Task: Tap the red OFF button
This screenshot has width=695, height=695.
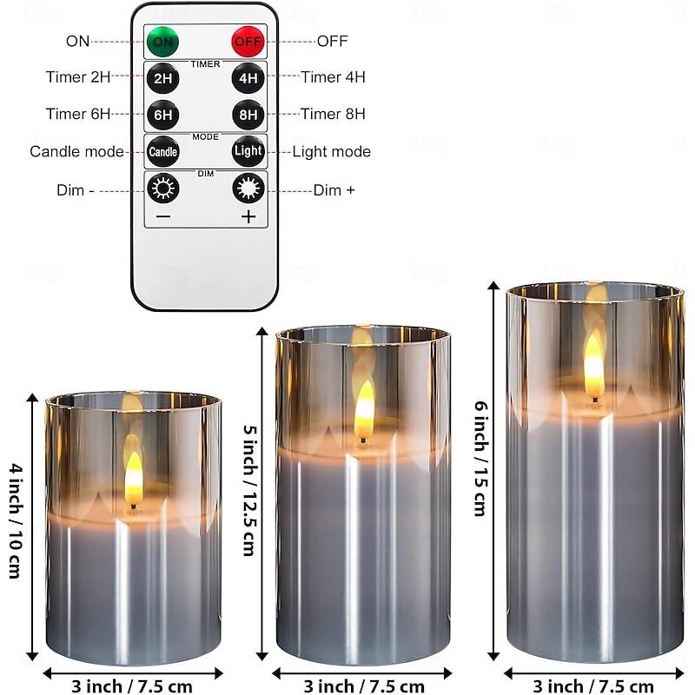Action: tap(248, 42)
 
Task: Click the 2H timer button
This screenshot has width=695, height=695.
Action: tap(162, 78)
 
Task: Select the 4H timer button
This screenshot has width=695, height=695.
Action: tap(248, 78)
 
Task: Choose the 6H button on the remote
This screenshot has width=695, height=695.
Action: tap(162, 116)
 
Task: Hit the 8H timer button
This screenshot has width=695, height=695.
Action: tap(248, 115)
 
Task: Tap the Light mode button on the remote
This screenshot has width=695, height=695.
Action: tap(248, 151)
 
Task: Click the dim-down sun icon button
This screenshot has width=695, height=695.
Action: tap(163, 189)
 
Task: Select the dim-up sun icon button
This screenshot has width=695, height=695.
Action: tap(248, 189)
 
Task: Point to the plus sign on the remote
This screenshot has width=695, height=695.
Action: tap(248, 216)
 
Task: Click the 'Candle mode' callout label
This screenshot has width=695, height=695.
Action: tap(76, 151)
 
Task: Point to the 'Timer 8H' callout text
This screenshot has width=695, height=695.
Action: tap(333, 114)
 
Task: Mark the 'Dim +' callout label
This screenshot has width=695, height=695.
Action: tap(334, 190)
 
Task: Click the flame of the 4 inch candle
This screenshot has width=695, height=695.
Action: tap(134, 480)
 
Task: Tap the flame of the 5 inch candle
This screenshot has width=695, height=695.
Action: tap(364, 411)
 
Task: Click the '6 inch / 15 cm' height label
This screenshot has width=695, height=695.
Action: tap(481, 459)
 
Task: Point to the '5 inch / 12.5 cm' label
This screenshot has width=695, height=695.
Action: tap(249, 490)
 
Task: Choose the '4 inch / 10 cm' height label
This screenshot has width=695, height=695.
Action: tap(16, 520)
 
